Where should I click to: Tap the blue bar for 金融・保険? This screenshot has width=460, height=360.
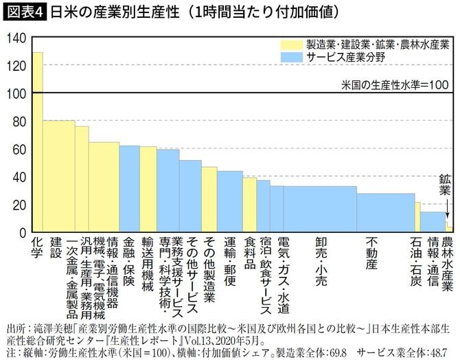(129, 189)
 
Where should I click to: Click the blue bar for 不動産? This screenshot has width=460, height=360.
(385, 213)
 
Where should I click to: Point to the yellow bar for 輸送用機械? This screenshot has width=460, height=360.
(148, 190)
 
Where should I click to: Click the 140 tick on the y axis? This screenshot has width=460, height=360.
(14, 38)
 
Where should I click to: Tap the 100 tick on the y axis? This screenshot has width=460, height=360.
(14, 94)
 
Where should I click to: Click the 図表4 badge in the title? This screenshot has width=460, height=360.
(23, 12)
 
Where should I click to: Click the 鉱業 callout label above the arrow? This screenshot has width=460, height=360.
(448, 183)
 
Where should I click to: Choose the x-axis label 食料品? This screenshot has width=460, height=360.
(250, 254)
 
